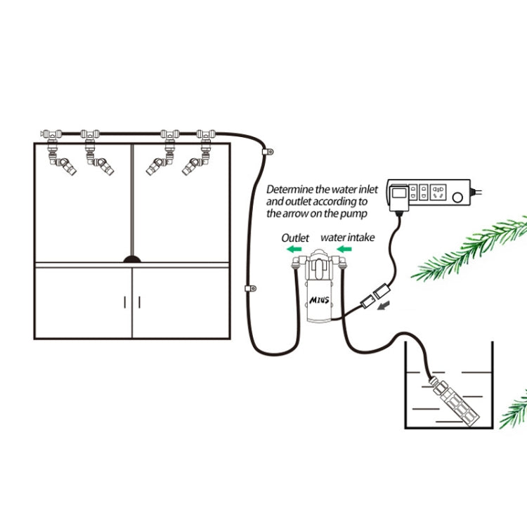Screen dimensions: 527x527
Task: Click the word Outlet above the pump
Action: pyautogui.click(x=295, y=238)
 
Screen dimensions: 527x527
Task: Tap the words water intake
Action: pyautogui.click(x=348, y=238)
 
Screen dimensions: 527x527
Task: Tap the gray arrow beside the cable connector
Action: pyautogui.click(x=385, y=305)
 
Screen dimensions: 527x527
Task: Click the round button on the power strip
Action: pyautogui.click(x=460, y=197)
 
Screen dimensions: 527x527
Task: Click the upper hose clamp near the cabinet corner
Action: pyautogui.click(x=268, y=151)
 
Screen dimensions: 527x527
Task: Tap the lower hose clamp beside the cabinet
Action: pyautogui.click(x=248, y=288)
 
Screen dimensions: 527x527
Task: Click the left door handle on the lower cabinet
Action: pyautogui.click(x=125, y=302)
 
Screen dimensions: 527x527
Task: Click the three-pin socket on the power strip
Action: pyautogui.click(x=438, y=192)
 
